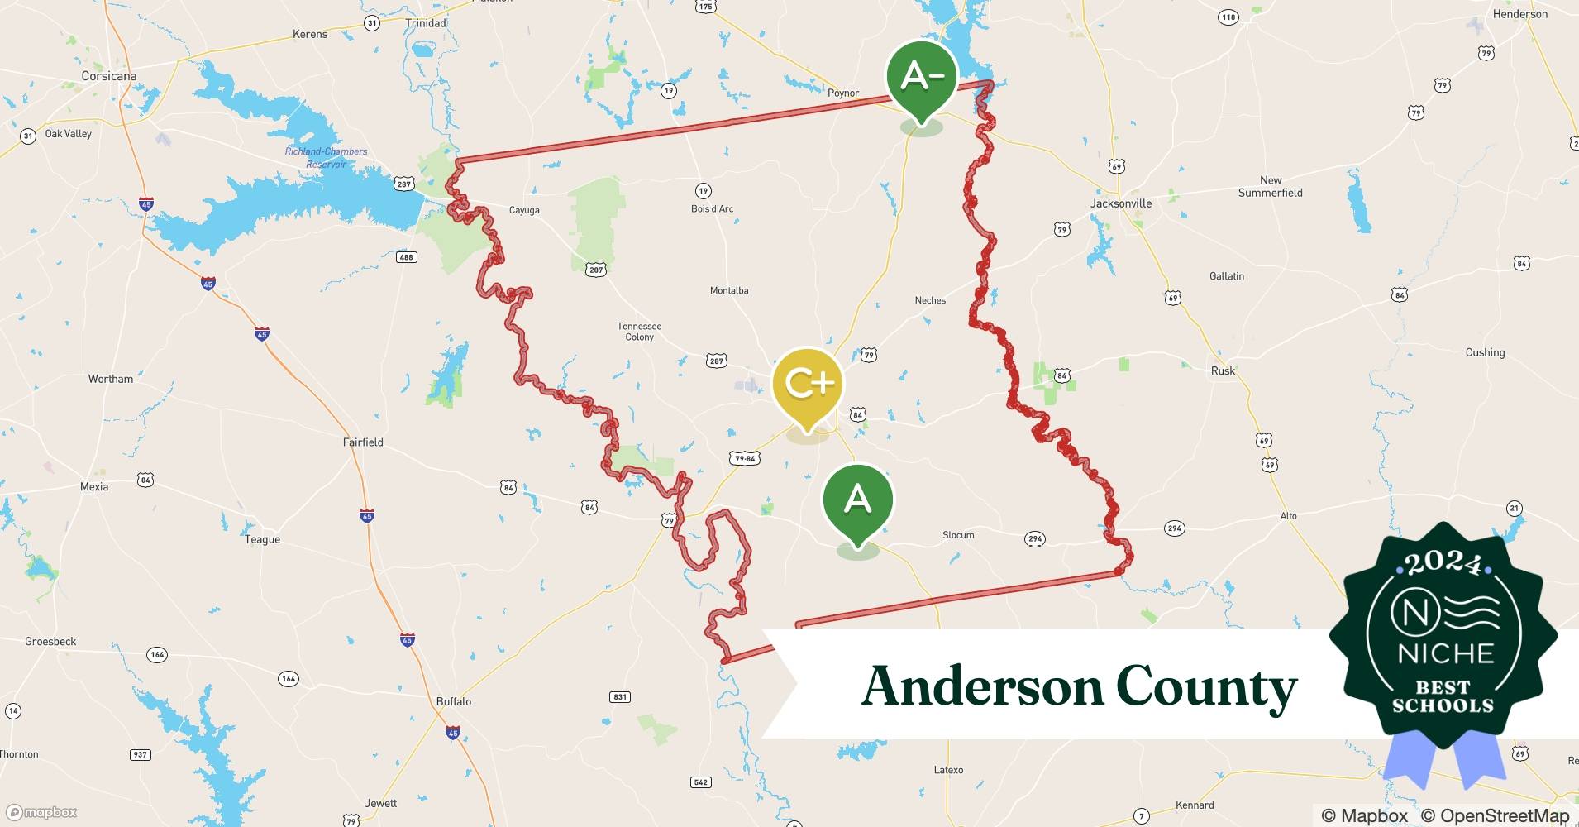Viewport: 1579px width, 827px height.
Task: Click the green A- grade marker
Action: pyautogui.click(x=921, y=77)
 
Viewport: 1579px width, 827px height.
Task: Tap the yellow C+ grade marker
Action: pyautogui.click(x=807, y=384)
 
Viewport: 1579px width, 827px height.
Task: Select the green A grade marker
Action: pyautogui.click(x=857, y=500)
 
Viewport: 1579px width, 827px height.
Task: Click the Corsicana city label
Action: pyautogui.click(x=109, y=76)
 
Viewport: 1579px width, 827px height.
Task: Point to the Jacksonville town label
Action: pyautogui.click(x=1121, y=203)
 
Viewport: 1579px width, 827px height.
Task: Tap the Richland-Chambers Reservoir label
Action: pyautogui.click(x=326, y=157)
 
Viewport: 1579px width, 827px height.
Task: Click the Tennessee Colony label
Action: pyautogui.click(x=639, y=332)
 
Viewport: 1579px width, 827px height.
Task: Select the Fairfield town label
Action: pyautogui.click(x=363, y=442)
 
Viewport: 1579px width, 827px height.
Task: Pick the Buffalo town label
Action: pyautogui.click(x=454, y=701)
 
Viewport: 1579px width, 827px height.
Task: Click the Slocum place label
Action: pyautogui.click(x=958, y=535)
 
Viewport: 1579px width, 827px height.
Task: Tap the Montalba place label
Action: pyautogui.click(x=729, y=290)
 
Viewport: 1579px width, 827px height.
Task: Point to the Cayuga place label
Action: pyautogui.click(x=524, y=210)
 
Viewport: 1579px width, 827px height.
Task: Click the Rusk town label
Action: pyautogui.click(x=1223, y=370)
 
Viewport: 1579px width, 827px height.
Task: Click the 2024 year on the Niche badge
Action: pyautogui.click(x=1443, y=565)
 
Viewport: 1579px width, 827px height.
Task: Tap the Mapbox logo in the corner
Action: pyautogui.click(x=42, y=812)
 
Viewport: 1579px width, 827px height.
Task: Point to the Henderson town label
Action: pyautogui.click(x=1520, y=14)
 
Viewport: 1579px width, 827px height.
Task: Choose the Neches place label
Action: pyautogui.click(x=930, y=300)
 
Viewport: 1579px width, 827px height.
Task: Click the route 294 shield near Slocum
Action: pyautogui.click(x=1035, y=539)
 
